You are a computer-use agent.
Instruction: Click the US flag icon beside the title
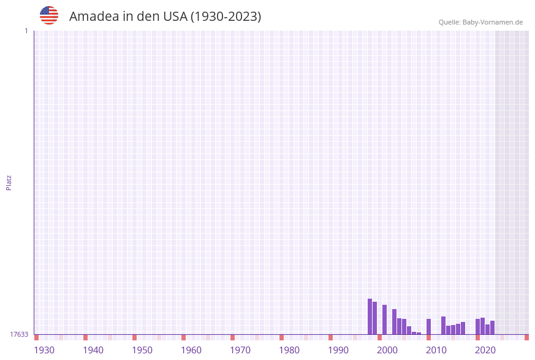[x=49, y=15]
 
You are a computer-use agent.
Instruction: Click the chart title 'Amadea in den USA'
[x=165, y=17]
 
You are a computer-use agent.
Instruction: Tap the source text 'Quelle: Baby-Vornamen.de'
[x=480, y=22]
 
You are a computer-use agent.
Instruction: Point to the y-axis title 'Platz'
[x=9, y=182]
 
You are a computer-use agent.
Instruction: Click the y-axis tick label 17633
[x=19, y=334]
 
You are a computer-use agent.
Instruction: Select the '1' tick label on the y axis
[x=26, y=31]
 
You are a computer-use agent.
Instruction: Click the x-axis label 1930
[x=44, y=350]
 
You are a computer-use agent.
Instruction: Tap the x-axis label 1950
[x=142, y=350]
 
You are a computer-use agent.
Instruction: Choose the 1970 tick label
[x=240, y=350]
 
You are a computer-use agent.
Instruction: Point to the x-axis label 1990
[x=338, y=350]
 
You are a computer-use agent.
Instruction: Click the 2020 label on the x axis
[x=485, y=350]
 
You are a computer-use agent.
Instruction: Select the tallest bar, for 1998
[x=370, y=316]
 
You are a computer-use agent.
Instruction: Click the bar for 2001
[x=384, y=320]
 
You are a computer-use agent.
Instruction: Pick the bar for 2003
[x=394, y=321]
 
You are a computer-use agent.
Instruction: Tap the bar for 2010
[x=428, y=326]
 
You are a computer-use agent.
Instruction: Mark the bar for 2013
[x=443, y=325]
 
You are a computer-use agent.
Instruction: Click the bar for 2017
[x=463, y=328]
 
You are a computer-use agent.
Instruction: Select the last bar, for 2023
[x=492, y=327]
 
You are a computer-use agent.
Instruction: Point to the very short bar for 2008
[x=419, y=333]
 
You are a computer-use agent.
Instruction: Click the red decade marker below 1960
[x=183, y=337]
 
